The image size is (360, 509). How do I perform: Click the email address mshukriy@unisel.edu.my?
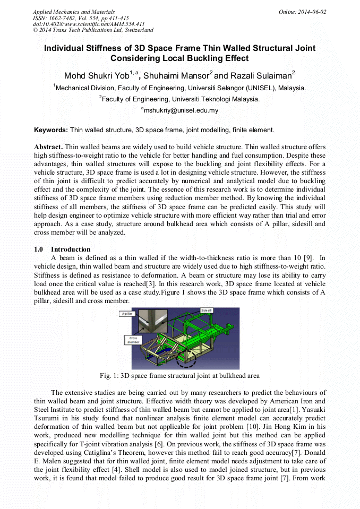179,110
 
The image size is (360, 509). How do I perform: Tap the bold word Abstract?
48,146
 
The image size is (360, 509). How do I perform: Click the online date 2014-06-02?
313,12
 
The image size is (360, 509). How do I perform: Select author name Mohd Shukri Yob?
97,74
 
